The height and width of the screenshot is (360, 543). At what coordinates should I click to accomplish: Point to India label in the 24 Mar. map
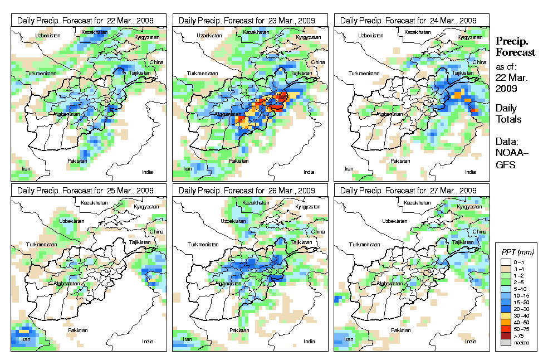coord(471,172)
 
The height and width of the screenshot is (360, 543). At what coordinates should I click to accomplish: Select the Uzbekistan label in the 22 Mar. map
coord(47,36)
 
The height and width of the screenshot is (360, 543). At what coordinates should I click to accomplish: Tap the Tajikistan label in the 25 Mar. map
coord(140,242)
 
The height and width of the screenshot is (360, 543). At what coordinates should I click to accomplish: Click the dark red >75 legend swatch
coord(504,335)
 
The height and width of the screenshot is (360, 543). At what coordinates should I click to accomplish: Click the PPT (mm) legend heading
coord(516,252)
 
